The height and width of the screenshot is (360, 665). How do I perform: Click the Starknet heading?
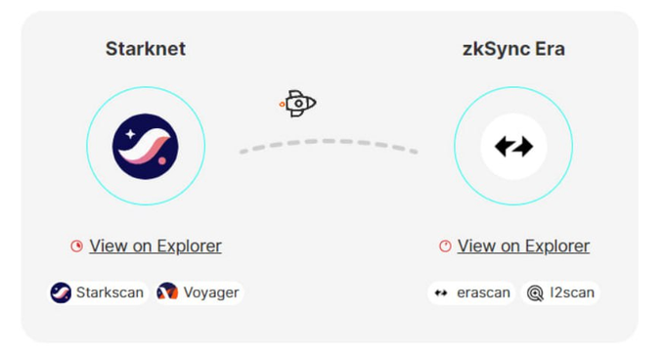click(x=146, y=49)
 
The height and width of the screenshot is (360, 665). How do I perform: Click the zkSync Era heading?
click(x=513, y=49)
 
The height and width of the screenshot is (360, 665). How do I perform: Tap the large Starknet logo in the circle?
click(x=146, y=147)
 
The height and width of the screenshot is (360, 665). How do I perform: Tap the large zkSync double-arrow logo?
click(x=513, y=147)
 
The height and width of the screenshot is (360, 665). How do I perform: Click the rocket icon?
click(x=297, y=104)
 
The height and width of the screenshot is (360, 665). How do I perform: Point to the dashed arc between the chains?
click(x=329, y=141)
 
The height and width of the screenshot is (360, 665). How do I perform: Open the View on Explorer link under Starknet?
click(x=155, y=246)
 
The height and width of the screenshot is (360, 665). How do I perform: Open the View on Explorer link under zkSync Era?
click(x=523, y=246)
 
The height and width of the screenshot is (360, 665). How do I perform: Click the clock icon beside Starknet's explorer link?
click(x=76, y=246)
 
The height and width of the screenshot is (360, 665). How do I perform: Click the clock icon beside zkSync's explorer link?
click(x=445, y=246)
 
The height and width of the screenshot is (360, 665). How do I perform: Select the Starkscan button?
click(x=98, y=292)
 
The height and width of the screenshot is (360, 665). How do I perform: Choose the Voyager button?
click(x=199, y=292)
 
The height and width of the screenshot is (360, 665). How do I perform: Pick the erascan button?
click(x=471, y=292)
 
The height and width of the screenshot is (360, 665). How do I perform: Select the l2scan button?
click(x=560, y=292)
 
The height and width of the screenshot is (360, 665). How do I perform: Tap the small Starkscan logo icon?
click(x=61, y=292)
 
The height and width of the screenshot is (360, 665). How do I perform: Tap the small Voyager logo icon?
click(x=167, y=292)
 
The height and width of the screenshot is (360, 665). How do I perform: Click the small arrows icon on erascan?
click(x=441, y=292)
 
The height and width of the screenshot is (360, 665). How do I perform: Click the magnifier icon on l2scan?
click(x=535, y=293)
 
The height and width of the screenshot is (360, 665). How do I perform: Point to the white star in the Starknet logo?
click(x=130, y=134)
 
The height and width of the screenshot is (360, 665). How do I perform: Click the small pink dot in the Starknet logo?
click(x=162, y=160)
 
